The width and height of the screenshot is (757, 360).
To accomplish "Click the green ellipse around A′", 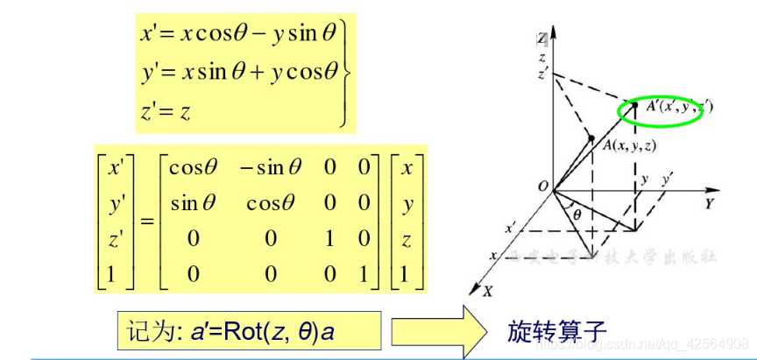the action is pyautogui.click(x=667, y=110).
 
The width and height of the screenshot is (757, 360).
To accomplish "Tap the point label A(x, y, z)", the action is pyautogui.click(x=629, y=145).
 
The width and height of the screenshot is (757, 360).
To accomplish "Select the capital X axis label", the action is pyautogui.click(x=487, y=287).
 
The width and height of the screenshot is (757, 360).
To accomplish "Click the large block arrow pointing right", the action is pyautogui.click(x=438, y=332).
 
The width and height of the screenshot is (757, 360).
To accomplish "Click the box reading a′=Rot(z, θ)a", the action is pyautogui.click(x=249, y=332).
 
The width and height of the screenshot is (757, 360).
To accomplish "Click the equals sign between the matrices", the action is pyautogui.click(x=147, y=221).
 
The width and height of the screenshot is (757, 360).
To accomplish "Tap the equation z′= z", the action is pyautogui.click(x=166, y=110).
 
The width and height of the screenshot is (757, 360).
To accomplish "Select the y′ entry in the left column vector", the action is pyautogui.click(x=115, y=203).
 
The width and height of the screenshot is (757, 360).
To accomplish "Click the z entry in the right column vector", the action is pyautogui.click(x=406, y=239).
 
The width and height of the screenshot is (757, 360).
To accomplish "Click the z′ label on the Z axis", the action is pyautogui.click(x=544, y=74).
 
